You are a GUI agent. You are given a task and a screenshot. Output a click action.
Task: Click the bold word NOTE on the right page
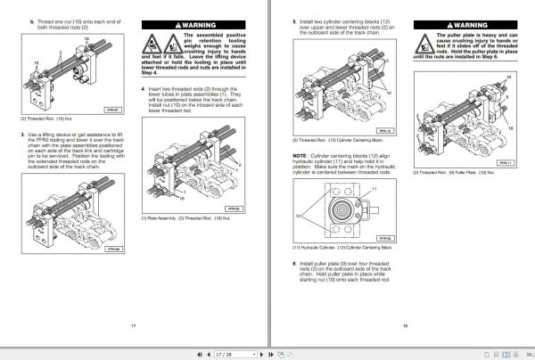pos(300,156)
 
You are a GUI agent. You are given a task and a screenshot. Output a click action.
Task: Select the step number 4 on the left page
pos(144,90)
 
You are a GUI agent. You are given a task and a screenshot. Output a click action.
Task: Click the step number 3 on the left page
pos(22,135)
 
